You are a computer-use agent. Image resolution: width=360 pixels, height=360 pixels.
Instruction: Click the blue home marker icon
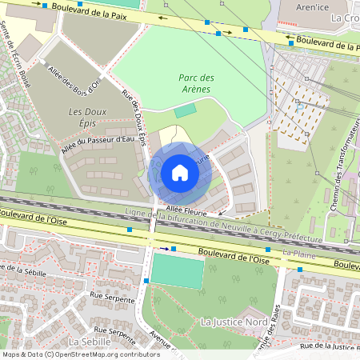tap(180, 173)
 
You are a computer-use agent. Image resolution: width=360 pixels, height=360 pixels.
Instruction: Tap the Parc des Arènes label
tap(196, 83)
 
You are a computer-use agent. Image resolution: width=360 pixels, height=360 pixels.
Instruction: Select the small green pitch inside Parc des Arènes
tap(185, 110)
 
